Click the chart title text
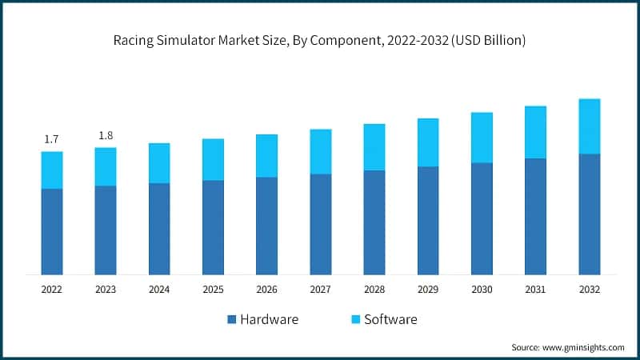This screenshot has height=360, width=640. [x=320, y=41]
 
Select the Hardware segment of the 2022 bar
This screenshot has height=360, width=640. [x=52, y=232]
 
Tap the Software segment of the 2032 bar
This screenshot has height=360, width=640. [x=590, y=126]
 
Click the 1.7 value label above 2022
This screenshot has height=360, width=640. [x=52, y=139]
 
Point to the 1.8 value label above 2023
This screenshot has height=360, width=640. [x=106, y=135]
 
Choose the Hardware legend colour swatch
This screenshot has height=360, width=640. [x=232, y=320]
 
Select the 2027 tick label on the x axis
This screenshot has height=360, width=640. [x=321, y=289]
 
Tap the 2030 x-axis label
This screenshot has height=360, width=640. [x=482, y=289]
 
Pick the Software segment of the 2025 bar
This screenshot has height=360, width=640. [x=213, y=160]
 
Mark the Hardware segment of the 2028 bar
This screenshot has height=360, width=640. [x=374, y=222]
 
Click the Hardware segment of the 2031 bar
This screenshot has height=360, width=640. [x=536, y=217]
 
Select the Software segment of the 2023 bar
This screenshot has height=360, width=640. [x=106, y=166]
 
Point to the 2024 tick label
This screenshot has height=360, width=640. [x=159, y=289]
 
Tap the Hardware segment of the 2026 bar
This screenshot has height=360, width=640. [x=266, y=226]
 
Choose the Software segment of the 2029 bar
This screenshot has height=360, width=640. [x=428, y=142]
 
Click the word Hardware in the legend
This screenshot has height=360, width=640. [x=270, y=320]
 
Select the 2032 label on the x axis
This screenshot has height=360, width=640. [x=590, y=289]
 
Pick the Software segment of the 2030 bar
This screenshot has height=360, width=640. [x=482, y=138]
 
